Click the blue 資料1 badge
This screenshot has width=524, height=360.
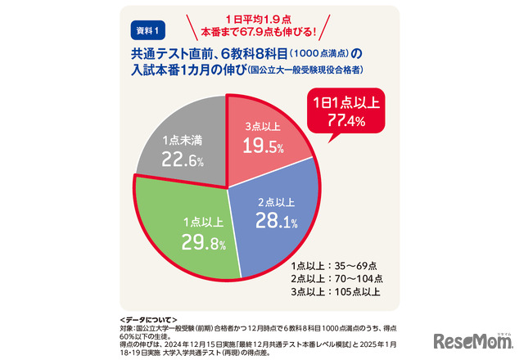pyautogui.click(x=147, y=30)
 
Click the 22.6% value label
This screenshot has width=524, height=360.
pyautogui.click(x=182, y=160)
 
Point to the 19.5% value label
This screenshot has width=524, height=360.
pyautogui.click(x=264, y=147)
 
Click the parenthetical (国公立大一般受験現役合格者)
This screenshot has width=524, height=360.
pyautogui.click(x=306, y=71)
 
